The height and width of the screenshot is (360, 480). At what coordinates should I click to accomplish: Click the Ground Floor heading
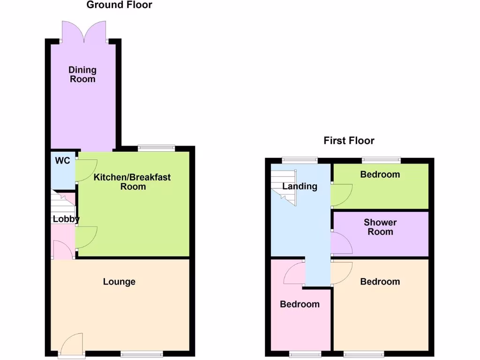(120, 5)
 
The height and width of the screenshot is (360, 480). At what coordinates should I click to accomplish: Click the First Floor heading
(349, 141)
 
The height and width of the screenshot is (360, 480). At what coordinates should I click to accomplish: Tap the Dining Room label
(82, 75)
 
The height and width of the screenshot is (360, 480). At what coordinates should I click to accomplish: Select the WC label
(62, 161)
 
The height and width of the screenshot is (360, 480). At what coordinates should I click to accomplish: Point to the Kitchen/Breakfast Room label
(132, 182)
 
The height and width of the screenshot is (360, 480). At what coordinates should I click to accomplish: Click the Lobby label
(66, 219)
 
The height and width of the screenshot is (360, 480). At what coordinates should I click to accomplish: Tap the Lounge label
(119, 282)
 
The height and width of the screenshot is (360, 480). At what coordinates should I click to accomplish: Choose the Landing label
(300, 186)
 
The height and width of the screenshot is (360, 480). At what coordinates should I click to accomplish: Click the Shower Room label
(380, 227)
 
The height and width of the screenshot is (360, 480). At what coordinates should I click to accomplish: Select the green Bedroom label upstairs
(380, 174)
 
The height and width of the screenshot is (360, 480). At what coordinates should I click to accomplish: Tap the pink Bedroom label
(300, 304)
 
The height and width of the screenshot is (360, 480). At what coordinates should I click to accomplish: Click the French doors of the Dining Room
(84, 32)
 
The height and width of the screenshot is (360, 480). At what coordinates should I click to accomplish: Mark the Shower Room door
(341, 243)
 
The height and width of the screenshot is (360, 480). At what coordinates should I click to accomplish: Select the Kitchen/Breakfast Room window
(157, 149)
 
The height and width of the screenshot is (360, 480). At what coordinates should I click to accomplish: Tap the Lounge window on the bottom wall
(142, 354)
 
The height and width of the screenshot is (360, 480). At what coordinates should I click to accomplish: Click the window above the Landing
(300, 160)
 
